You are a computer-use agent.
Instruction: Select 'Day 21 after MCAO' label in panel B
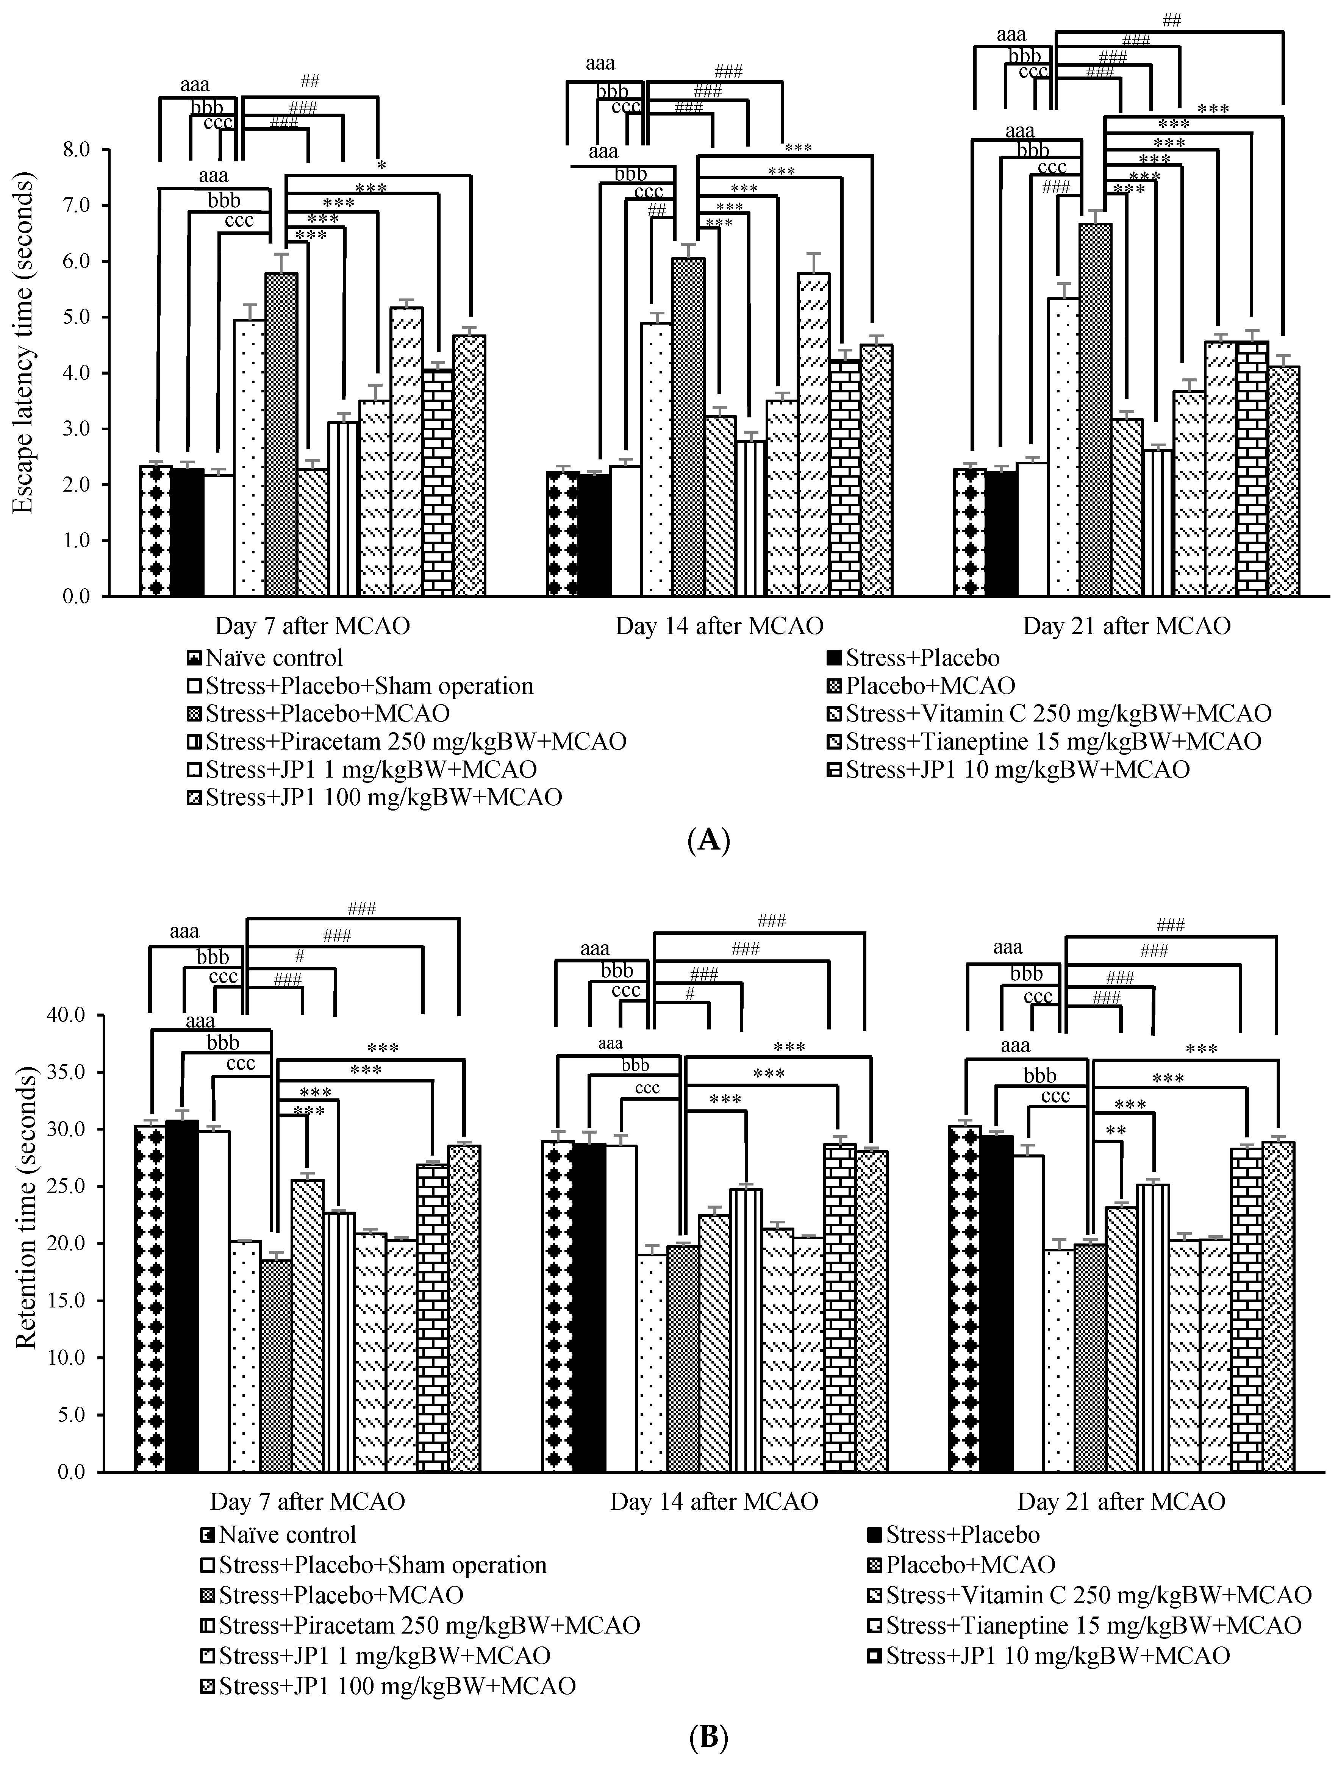(1121, 1502)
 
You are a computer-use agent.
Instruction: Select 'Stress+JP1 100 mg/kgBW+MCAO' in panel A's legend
(383, 797)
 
